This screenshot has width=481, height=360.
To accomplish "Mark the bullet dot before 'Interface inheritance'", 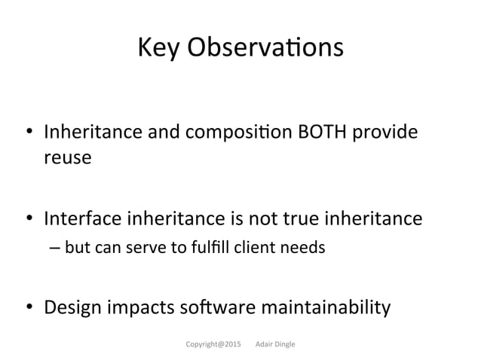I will pyautogui.click(x=31, y=219).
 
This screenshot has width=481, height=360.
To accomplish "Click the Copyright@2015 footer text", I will pyautogui.click(x=213, y=344).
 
